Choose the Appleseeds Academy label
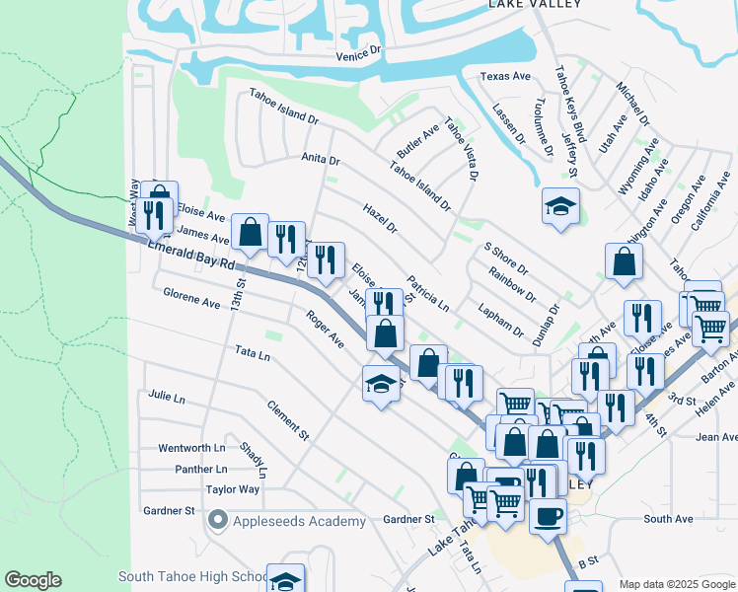(300, 520)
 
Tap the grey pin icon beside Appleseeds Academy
(218, 520)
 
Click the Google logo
(33, 580)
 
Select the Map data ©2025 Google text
(676, 584)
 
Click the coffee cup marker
(548, 514)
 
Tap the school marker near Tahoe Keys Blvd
(560, 206)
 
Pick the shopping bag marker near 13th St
(251, 233)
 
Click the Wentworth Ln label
(192, 448)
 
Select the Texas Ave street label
(505, 76)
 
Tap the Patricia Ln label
(427, 293)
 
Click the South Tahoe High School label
(191, 576)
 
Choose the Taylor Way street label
(232, 489)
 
